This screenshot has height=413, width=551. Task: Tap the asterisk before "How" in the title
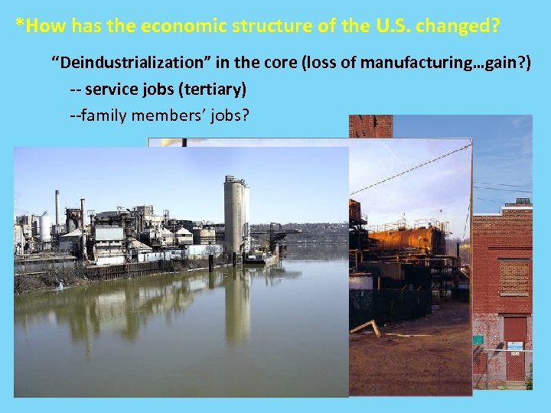tap(19, 25)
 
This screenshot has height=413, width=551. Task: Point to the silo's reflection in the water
tap(237, 306)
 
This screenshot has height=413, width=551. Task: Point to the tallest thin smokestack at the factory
tap(57, 208)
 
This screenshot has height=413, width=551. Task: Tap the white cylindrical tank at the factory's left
tap(45, 227)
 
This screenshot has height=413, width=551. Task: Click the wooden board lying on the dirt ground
tap(366, 327)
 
